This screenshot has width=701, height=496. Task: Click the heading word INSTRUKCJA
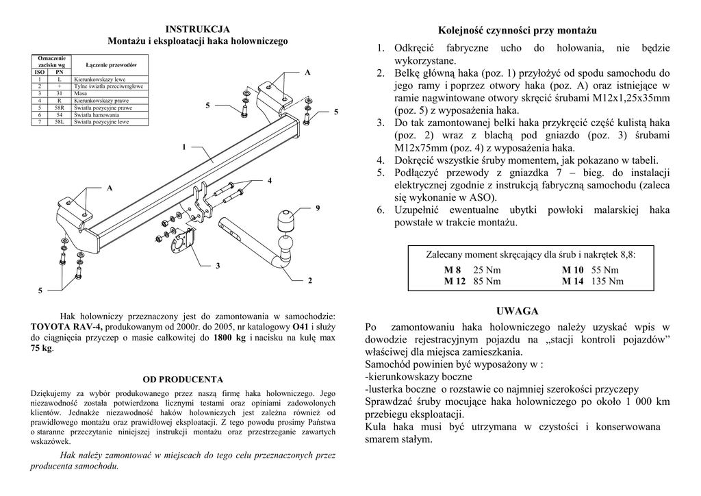[x=198, y=29]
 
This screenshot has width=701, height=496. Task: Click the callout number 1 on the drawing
[x=184, y=147]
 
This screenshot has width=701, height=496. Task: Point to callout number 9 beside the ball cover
[x=318, y=207]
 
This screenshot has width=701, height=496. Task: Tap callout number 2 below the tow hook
[x=310, y=280]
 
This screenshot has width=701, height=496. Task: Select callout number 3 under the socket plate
[x=218, y=265]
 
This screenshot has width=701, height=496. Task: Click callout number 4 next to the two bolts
[x=270, y=180]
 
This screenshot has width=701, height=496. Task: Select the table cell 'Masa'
[x=81, y=94]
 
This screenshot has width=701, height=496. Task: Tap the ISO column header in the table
[x=40, y=72]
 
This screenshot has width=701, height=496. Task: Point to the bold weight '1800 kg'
[x=229, y=338]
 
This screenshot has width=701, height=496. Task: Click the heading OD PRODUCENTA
[x=183, y=379]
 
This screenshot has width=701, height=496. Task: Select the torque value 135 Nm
[x=607, y=281]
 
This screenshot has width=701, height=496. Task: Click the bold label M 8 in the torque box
[x=453, y=270]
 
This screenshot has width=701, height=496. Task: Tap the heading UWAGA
[x=518, y=311]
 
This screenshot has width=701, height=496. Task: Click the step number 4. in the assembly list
[x=381, y=160]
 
